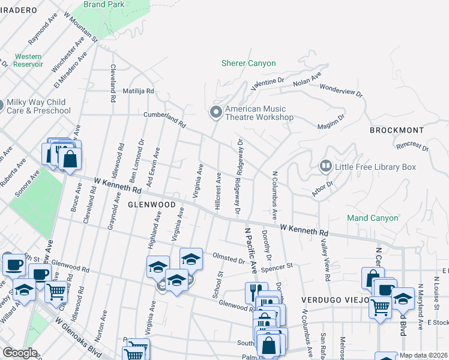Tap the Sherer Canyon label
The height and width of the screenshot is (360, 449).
pos(249,63)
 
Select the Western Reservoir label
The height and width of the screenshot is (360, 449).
pos(28,60)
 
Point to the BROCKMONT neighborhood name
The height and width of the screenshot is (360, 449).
pos(397,130)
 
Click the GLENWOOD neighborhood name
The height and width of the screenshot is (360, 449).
pos(151,205)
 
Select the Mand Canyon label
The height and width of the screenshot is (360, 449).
pos(373,218)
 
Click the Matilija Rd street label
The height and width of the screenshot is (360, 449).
pos(139,91)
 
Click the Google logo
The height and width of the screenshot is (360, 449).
pos(20,353)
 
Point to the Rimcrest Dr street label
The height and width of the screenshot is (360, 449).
pos(412,145)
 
